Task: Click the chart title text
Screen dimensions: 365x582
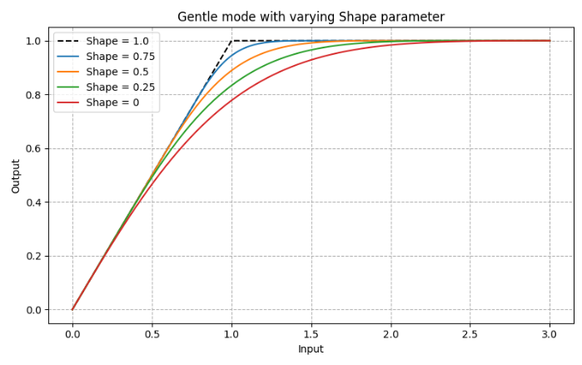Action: tap(311, 17)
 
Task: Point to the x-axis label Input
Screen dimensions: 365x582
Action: tap(311, 349)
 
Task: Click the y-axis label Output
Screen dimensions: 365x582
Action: tap(16, 175)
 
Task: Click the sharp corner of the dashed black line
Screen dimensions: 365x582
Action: tap(231, 41)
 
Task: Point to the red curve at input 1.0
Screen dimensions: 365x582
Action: tap(231, 100)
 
